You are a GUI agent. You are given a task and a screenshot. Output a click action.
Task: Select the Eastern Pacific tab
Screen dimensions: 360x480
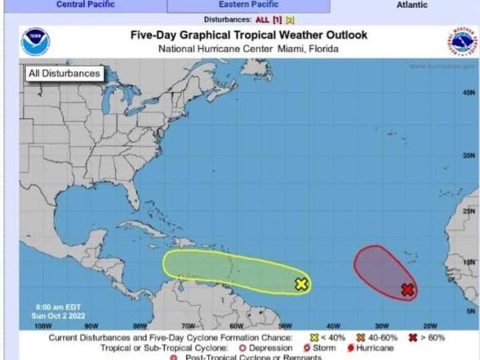pyautogui.click(x=249, y=5)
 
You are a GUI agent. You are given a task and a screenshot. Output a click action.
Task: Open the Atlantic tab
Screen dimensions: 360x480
pyautogui.click(x=411, y=5)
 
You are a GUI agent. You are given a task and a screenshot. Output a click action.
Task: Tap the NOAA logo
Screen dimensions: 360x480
pyautogui.click(x=35, y=42)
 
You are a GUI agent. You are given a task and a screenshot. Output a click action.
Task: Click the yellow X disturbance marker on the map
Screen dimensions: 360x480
pyautogui.click(x=302, y=283)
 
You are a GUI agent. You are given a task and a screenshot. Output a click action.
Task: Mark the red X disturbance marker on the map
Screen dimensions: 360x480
pyautogui.click(x=407, y=290)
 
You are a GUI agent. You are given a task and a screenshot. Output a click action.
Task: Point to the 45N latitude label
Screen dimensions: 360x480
pyautogui.click(x=469, y=94)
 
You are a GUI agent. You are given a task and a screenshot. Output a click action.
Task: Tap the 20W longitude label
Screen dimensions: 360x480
pyautogui.click(x=429, y=326)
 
